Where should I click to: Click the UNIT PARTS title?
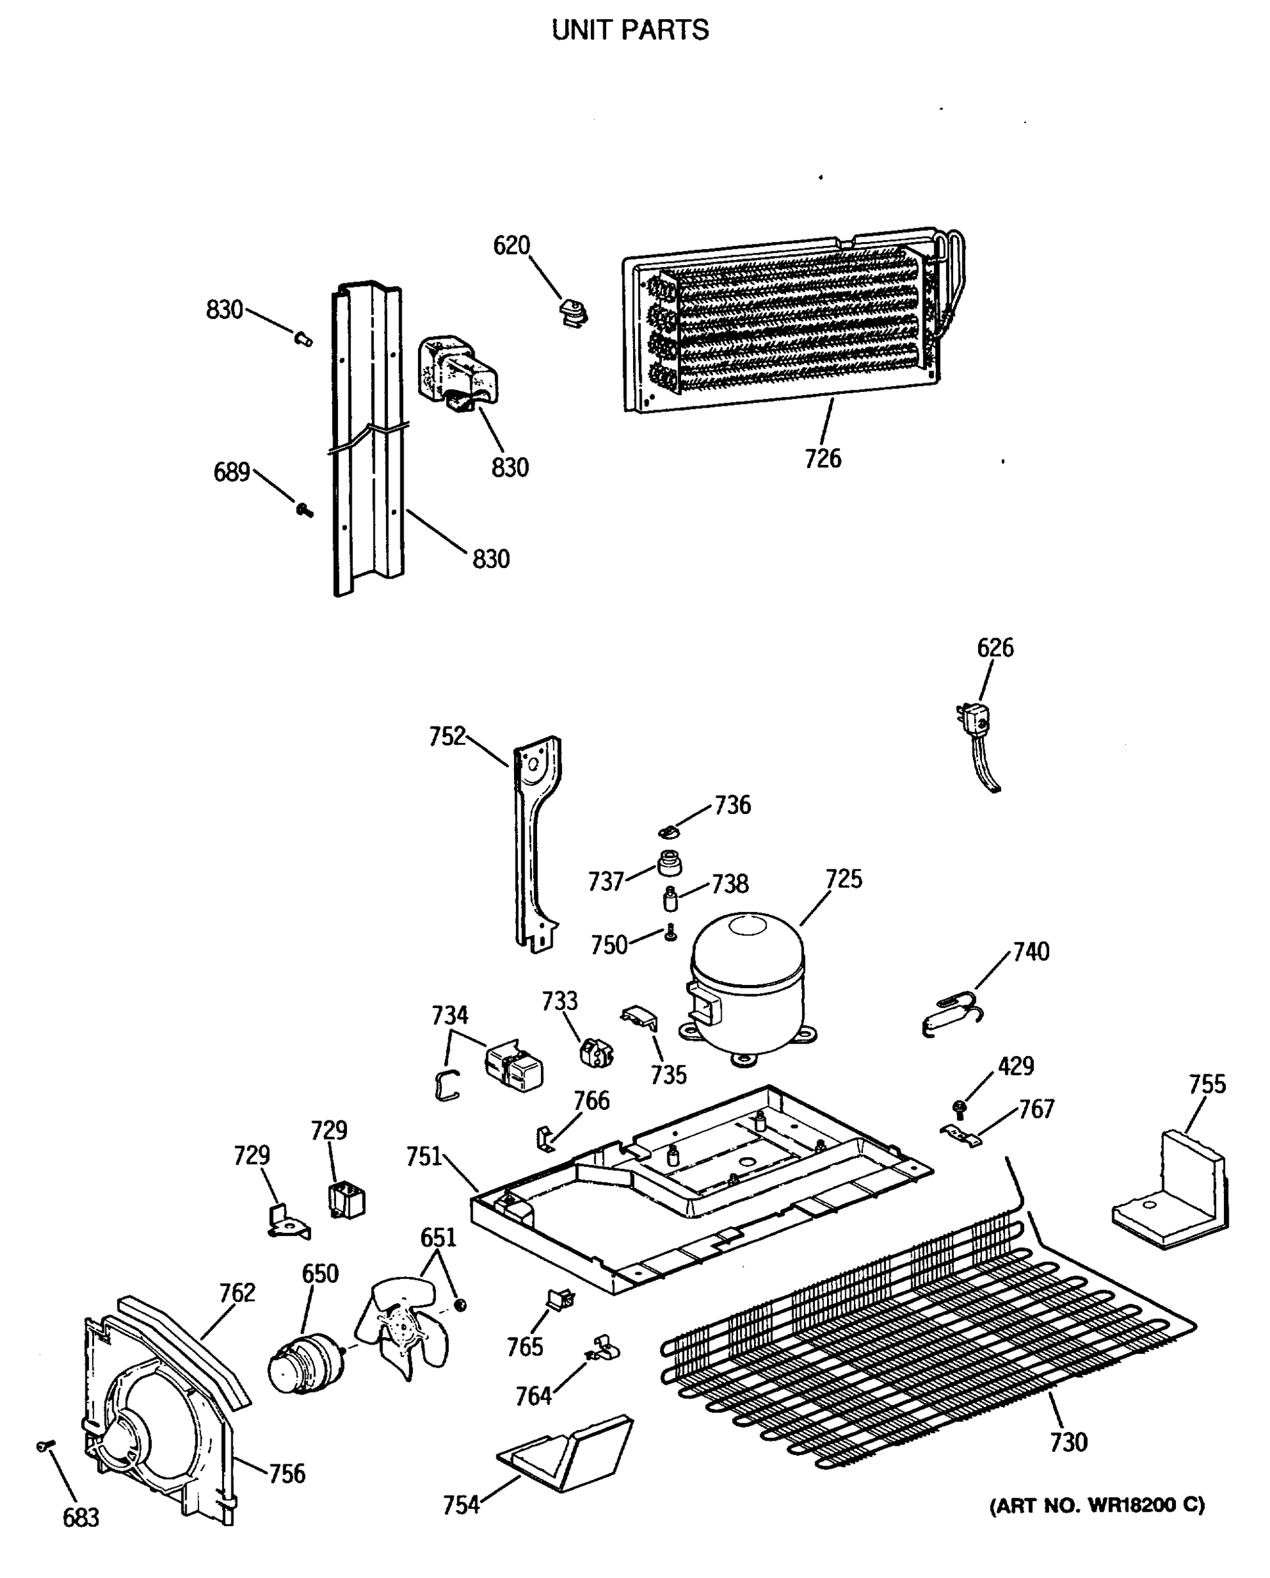click(630, 30)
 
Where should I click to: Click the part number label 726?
click(822, 459)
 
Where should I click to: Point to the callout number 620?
click(511, 246)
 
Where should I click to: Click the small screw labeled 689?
click(304, 510)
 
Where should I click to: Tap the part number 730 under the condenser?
click(1068, 1443)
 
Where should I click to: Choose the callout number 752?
click(447, 736)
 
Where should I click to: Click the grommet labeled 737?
click(669, 864)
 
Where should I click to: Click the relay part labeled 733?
click(596, 1053)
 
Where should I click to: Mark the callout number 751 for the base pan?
click(424, 1157)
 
